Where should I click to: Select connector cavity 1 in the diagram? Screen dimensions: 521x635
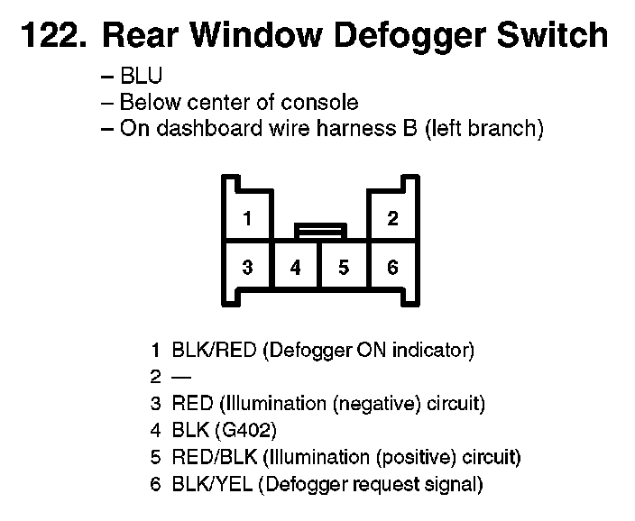pos(247,218)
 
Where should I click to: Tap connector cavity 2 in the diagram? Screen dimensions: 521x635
pos(392,218)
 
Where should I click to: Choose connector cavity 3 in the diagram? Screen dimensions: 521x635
pos(247,268)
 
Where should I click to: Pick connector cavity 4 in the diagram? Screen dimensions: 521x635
pos(296,268)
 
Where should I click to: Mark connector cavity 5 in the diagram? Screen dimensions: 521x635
pos(344,268)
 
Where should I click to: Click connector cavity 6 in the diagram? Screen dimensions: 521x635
pos(392,268)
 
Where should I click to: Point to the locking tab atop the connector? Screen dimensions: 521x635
pos(320,232)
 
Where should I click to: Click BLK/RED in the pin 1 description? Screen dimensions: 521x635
pos(214,350)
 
